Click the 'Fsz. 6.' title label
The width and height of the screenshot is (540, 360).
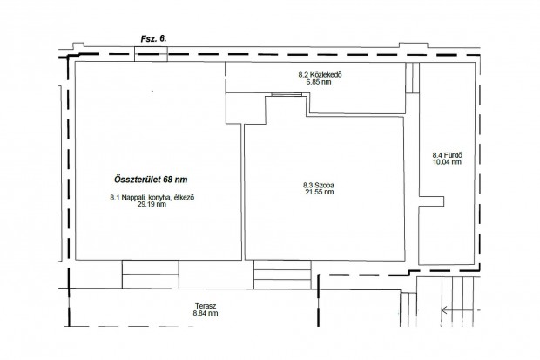pyautogui.click(x=153, y=38)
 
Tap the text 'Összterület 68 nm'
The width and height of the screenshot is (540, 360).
pyautogui.click(x=151, y=180)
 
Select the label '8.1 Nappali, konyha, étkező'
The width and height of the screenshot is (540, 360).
pyautogui.click(x=152, y=198)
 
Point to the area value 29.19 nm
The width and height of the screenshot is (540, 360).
pyautogui.click(x=152, y=204)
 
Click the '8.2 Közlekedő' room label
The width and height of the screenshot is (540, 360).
pyautogui.click(x=320, y=74)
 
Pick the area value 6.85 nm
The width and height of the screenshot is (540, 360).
pyautogui.click(x=319, y=82)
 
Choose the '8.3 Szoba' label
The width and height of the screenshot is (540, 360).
pyautogui.click(x=319, y=186)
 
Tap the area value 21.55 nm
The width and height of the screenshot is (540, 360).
pyautogui.click(x=320, y=192)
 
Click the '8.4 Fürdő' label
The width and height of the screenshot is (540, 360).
pyautogui.click(x=447, y=155)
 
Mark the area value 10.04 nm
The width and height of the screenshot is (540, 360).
pyautogui.click(x=447, y=162)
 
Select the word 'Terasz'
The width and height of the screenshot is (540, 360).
pyautogui.click(x=206, y=306)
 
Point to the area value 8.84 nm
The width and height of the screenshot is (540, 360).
pyautogui.click(x=206, y=313)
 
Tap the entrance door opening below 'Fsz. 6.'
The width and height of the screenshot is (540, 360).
pyautogui.click(x=151, y=54)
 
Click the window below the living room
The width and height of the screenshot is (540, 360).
pyautogui.click(x=151, y=274)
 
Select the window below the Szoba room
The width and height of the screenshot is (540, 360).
pyautogui.click(x=282, y=275)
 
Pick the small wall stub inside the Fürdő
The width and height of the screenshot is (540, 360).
pyautogui.click(x=431, y=201)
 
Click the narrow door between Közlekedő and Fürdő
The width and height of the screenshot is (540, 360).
pyautogui.click(x=413, y=78)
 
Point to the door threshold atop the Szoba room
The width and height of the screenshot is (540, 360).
pyautogui.click(x=287, y=94)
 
